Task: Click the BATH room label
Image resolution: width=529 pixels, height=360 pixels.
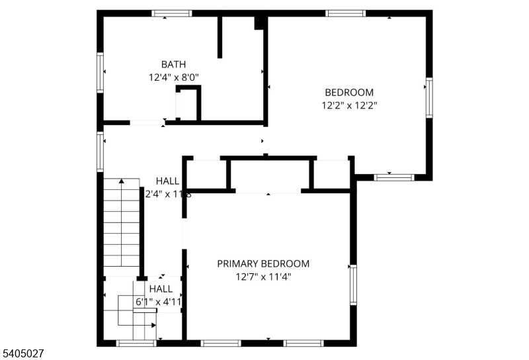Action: point(173,64)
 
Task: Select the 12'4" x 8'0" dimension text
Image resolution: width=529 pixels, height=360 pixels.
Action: point(173,77)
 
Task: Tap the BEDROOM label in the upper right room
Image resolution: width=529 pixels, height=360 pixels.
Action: point(348,93)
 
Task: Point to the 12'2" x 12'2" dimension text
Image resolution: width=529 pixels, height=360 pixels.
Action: point(348,105)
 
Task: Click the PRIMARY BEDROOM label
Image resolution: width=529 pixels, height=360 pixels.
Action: point(263,263)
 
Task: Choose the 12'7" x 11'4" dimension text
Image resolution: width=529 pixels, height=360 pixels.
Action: point(263,277)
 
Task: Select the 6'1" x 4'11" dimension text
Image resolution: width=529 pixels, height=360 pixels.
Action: point(159,302)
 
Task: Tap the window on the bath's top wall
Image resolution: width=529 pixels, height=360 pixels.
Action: point(172,13)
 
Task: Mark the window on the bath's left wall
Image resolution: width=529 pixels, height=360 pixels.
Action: point(101,72)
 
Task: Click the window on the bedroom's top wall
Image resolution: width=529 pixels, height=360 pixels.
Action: point(345,13)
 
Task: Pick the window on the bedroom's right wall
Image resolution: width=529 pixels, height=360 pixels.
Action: point(429,97)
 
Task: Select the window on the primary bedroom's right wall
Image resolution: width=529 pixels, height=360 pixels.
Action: point(353,285)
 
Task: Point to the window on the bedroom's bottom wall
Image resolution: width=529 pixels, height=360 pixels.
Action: point(394,177)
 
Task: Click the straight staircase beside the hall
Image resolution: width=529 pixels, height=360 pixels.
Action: point(122,225)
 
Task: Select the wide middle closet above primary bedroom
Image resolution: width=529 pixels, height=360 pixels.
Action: point(269,175)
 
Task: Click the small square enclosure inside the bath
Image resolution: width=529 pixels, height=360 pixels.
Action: point(188,105)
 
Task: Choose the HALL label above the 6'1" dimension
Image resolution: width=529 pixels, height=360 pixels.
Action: point(161,289)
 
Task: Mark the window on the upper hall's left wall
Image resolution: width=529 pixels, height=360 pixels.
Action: point(101,152)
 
